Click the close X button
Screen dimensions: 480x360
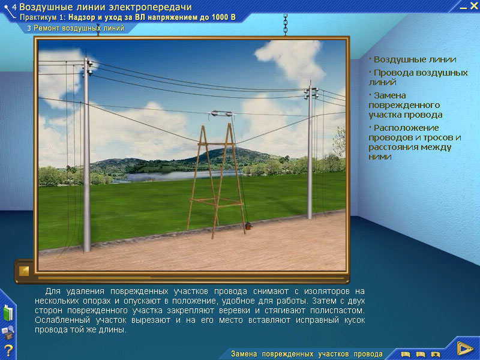point(473,5)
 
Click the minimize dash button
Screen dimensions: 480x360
point(463,8)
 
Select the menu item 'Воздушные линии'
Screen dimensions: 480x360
point(415,59)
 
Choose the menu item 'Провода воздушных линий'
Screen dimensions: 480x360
point(418,77)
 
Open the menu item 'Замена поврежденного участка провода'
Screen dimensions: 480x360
point(406,105)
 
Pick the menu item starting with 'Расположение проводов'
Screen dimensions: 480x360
point(415,142)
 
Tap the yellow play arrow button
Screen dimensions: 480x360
point(464,348)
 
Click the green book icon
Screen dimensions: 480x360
point(8,313)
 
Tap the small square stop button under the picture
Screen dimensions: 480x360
point(24,271)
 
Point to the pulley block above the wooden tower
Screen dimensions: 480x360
point(221,113)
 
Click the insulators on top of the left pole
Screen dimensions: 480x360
point(89,68)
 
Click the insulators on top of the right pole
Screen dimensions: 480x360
point(311,93)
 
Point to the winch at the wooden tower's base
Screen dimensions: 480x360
point(248,226)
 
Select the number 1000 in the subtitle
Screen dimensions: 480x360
point(220,17)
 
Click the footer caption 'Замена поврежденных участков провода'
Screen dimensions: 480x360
point(307,354)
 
